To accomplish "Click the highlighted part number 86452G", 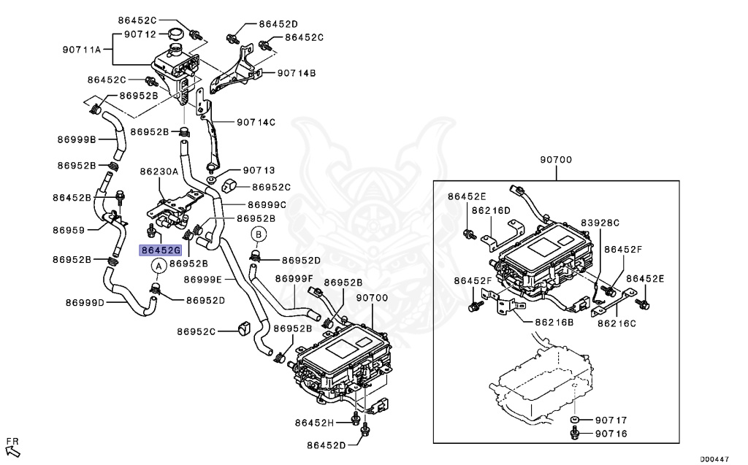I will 159,250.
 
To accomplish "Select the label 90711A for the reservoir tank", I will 86,50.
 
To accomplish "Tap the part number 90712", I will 140,34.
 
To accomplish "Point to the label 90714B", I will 296,73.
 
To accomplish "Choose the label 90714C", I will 255,122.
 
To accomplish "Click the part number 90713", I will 259,170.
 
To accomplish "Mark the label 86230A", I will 159,172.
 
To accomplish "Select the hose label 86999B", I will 76,139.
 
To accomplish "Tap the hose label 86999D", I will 85,302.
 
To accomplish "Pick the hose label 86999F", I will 294,278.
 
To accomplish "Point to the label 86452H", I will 314,423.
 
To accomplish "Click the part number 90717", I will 611,420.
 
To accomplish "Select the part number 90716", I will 611,434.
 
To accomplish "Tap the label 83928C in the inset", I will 600,222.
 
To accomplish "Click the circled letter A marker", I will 156,266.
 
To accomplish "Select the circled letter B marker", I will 259,234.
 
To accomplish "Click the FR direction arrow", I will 12,445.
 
